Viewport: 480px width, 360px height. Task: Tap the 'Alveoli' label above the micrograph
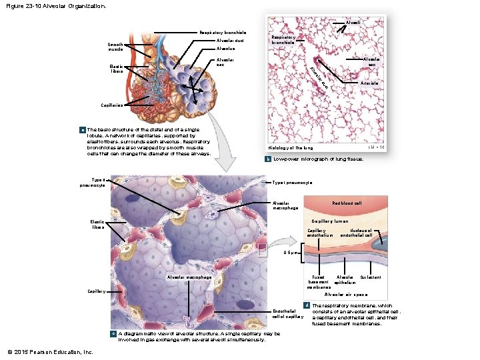coord(354,23)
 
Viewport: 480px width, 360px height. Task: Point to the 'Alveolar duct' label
coord(231,40)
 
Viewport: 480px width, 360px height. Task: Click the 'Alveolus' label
coord(226,49)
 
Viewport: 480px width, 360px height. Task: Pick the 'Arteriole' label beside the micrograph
coord(369,83)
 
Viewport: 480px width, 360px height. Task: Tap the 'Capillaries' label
coord(111,105)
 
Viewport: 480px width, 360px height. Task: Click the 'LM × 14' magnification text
coord(376,147)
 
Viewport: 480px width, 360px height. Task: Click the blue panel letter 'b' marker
coord(267,159)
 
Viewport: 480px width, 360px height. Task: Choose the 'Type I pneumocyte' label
coord(293,183)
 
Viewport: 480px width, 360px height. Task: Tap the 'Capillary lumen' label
coord(331,221)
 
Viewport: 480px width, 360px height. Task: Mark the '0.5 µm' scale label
coord(292,253)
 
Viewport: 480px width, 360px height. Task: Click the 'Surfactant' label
coord(371,276)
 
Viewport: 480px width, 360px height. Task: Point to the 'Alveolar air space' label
coord(346,294)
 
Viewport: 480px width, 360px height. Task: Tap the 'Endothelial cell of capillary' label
coord(288,313)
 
